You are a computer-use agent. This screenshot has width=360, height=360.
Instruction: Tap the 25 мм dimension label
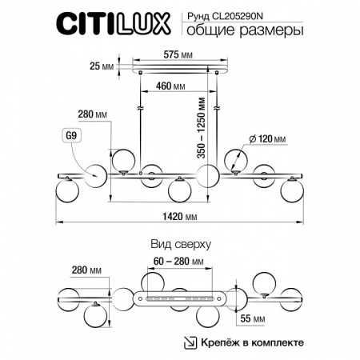[103, 67]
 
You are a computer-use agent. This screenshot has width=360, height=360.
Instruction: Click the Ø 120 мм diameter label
[267, 140]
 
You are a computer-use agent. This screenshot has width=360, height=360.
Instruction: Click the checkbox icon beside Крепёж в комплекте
[188, 342]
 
